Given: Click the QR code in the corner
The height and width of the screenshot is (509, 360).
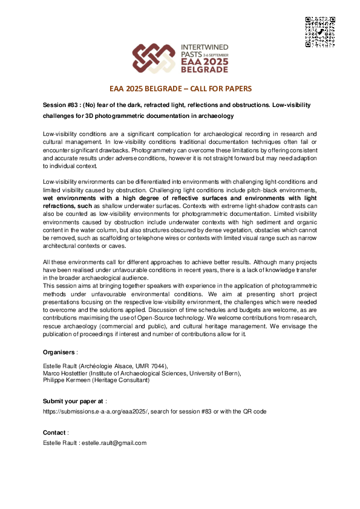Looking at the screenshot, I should point(320,32).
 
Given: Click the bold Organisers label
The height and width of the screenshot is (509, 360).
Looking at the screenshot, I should point(59,352).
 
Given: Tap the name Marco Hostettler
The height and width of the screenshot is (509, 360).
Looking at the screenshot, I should point(65,374).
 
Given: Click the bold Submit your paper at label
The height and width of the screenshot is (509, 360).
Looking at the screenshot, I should point(73,401).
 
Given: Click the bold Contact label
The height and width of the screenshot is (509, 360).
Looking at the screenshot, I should point(54,432).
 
